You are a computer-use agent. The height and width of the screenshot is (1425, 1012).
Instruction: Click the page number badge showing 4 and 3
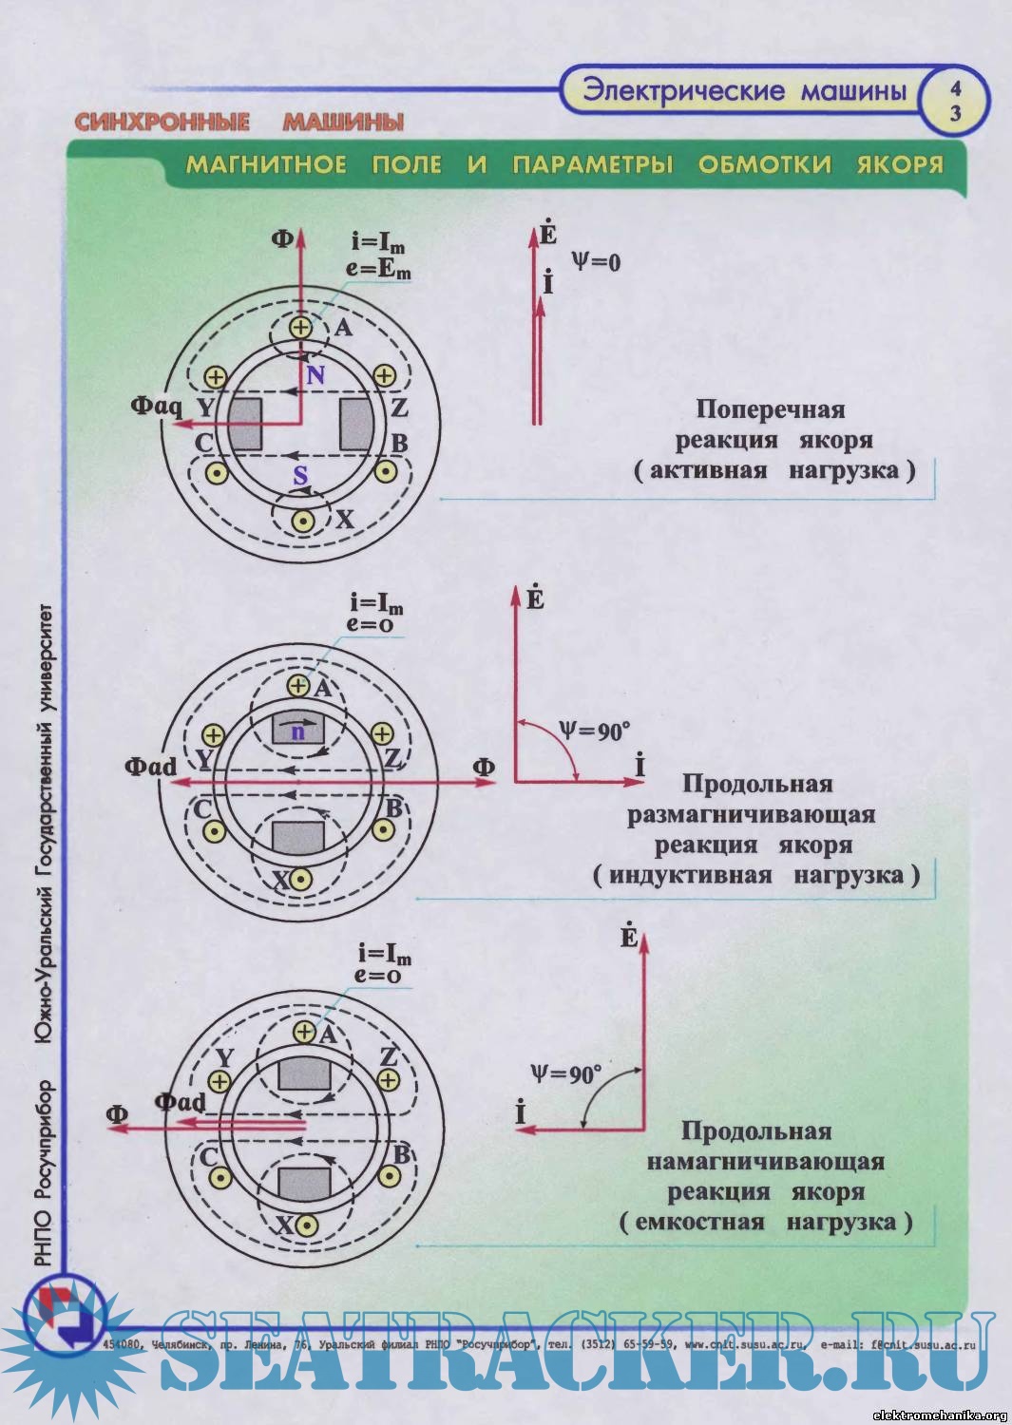[x=955, y=101]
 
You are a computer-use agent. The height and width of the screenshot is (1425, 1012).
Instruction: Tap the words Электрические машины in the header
[x=744, y=91]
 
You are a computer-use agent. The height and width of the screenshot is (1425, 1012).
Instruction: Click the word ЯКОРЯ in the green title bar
[x=899, y=164]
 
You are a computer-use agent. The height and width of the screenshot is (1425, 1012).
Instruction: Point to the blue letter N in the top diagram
[x=315, y=375]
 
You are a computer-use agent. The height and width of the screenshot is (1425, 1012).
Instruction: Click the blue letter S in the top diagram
[x=300, y=475]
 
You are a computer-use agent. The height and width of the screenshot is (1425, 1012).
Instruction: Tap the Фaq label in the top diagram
[x=156, y=407]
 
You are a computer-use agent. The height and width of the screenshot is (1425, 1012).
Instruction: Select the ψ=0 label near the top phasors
[x=596, y=261]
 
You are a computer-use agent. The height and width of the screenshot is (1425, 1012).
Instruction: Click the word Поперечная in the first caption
[x=770, y=409]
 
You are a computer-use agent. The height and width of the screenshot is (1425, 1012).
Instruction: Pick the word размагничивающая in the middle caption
[x=751, y=815]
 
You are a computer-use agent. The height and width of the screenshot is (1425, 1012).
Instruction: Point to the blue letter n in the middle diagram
[x=298, y=731]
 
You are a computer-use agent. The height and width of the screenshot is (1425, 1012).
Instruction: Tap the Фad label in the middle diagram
[x=150, y=766]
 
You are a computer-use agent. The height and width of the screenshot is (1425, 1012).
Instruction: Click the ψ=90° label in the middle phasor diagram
[x=594, y=731]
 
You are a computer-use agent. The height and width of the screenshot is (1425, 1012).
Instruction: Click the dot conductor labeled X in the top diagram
[x=303, y=521]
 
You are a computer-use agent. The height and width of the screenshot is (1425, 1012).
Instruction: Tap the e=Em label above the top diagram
[x=378, y=269]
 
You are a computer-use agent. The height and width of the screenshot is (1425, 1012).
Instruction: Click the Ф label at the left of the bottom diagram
[x=117, y=1114]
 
